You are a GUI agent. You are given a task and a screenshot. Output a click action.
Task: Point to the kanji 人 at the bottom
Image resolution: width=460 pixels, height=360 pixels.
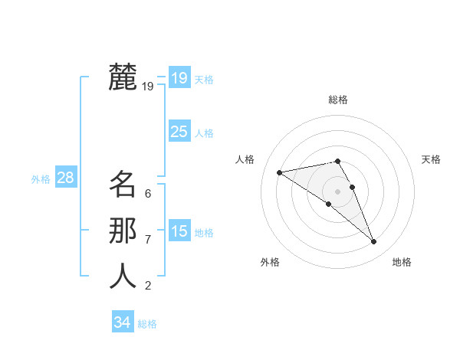pyautogui.click(x=123, y=277)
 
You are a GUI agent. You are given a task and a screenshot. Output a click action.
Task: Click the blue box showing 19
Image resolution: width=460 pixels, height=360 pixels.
pyautogui.click(x=179, y=78)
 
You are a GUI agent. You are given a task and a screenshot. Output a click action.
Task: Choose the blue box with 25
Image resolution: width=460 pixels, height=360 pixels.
pyautogui.click(x=179, y=132)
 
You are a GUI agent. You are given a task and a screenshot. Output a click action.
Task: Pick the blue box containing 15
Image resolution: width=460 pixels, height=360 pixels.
pyautogui.click(x=179, y=231)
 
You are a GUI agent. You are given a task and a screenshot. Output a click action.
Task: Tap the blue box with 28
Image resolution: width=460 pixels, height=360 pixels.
pyautogui.click(x=65, y=178)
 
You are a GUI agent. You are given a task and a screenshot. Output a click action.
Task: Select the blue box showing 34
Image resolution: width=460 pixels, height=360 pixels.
pyautogui.click(x=122, y=322)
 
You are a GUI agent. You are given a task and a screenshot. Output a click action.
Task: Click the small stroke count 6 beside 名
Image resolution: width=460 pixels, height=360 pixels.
pyautogui.click(x=148, y=194)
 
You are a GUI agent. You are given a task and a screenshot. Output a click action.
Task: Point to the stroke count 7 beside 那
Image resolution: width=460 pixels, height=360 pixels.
pyautogui.click(x=148, y=240)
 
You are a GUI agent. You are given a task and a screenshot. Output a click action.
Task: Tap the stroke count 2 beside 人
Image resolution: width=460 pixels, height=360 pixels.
pyautogui.click(x=148, y=286)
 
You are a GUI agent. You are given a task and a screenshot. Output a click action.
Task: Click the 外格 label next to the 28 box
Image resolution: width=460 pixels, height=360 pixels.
pyautogui.click(x=41, y=179)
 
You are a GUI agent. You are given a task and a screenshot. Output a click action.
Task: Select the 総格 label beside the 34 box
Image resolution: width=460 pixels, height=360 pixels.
pyautogui.click(x=147, y=324)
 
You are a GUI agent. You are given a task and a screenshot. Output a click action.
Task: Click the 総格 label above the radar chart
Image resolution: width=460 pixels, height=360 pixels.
pyautogui.click(x=337, y=100)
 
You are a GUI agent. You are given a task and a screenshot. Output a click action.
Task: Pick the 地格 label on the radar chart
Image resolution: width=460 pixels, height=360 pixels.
pyautogui.click(x=402, y=262)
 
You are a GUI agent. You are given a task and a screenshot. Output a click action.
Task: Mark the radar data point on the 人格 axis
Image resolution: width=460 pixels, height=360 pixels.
pyautogui.click(x=279, y=172)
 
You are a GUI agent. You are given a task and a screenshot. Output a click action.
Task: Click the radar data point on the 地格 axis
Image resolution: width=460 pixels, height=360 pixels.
pyautogui.click(x=374, y=242)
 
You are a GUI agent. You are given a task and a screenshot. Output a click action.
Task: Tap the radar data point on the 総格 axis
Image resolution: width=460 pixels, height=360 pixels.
pyautogui.click(x=337, y=161)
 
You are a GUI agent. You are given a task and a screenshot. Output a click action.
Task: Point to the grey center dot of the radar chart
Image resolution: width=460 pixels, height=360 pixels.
pyautogui.click(x=337, y=191)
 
